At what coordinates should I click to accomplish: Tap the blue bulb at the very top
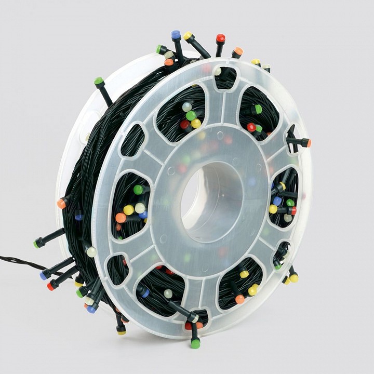[176, 35]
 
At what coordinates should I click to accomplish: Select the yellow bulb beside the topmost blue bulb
[188, 36]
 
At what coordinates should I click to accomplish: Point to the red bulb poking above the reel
[221, 38]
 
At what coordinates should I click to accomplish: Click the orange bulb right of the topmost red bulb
[238, 51]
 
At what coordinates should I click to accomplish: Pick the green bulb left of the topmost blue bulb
[160, 49]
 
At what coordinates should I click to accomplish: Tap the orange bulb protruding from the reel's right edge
[308, 142]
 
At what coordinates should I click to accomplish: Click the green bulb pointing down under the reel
[195, 343]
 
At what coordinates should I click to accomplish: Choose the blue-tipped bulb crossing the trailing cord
[44, 276]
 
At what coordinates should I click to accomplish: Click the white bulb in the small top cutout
[218, 71]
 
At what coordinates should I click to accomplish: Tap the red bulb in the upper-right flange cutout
[251, 127]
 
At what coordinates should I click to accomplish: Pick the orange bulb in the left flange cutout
[121, 218]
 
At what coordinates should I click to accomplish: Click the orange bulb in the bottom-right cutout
[239, 299]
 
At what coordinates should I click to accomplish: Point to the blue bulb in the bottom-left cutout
[145, 293]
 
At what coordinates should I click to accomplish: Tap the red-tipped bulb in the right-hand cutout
[293, 210]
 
